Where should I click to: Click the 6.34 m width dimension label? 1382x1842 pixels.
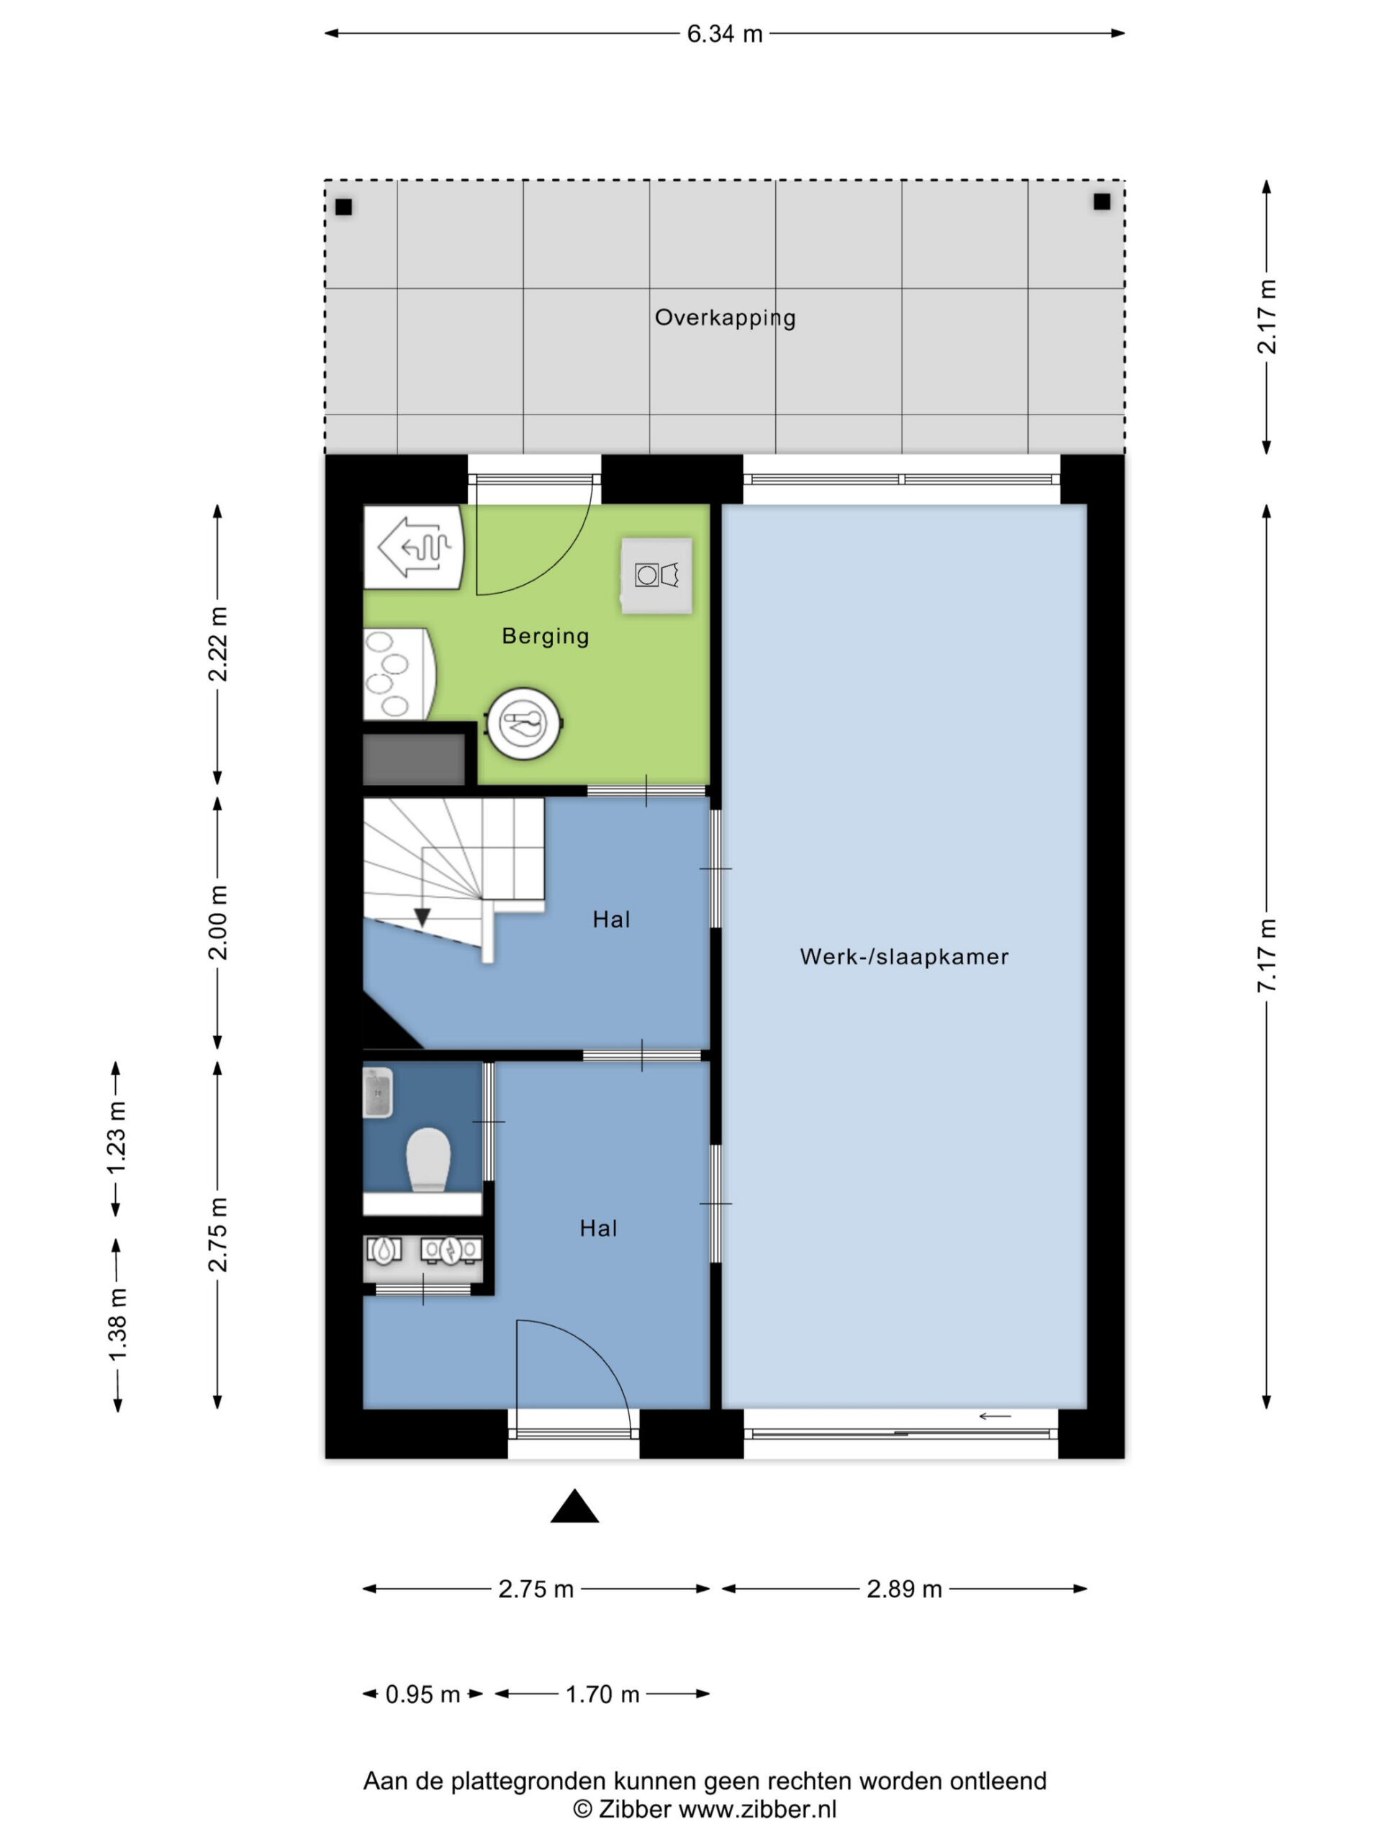coord(724,34)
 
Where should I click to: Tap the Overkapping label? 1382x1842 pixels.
coord(725,317)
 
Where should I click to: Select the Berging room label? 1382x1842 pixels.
coord(545,636)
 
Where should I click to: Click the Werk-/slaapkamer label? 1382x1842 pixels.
coord(904,957)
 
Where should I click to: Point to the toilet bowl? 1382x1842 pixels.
coord(428,1159)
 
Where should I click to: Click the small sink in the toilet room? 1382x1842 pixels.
coord(377,1092)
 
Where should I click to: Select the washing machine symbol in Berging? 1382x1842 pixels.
coord(656,576)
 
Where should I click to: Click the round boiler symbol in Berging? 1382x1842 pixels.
coord(524,723)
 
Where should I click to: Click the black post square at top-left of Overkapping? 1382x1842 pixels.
coord(343,207)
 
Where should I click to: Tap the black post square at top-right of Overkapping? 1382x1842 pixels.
coord(1101,201)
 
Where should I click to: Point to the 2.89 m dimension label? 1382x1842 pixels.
coord(904,1589)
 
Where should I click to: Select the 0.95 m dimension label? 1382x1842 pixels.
coord(423,1694)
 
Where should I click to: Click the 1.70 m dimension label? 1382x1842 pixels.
coord(602,1694)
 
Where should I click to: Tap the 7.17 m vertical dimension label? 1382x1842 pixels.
coord(1267,955)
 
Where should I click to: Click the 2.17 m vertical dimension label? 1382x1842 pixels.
coord(1267,317)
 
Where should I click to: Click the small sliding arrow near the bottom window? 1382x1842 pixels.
coord(995,1417)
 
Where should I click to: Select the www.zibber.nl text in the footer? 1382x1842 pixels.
coord(757,1810)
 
